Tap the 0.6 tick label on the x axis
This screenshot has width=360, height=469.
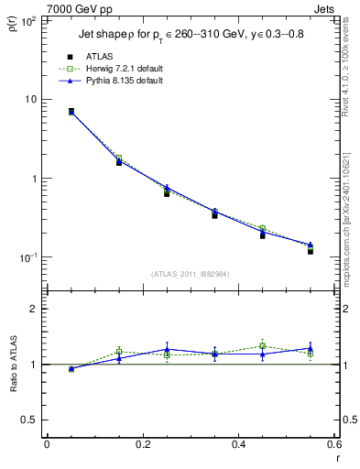333,444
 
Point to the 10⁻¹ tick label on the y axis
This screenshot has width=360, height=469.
26,257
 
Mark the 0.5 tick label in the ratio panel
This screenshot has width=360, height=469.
30,420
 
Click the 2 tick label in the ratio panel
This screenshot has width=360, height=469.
35,310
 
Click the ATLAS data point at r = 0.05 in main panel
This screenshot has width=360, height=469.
71,112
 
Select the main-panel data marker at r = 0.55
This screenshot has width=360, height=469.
311,250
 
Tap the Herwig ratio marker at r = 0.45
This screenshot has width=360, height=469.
262,346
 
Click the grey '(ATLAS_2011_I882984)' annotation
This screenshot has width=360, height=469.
189,275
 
